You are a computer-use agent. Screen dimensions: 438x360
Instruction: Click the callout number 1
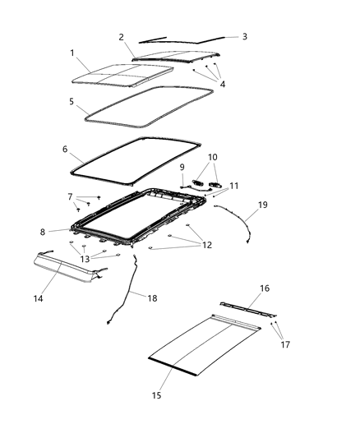(x=73, y=53)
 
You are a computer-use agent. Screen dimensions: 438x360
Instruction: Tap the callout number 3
(x=243, y=37)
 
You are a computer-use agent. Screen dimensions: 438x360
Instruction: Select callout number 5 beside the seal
(x=72, y=103)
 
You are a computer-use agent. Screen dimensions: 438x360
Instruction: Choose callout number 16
(x=265, y=288)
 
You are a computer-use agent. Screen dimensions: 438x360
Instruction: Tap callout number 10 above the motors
(x=213, y=156)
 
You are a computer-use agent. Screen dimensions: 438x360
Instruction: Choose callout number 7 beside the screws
(x=71, y=197)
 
